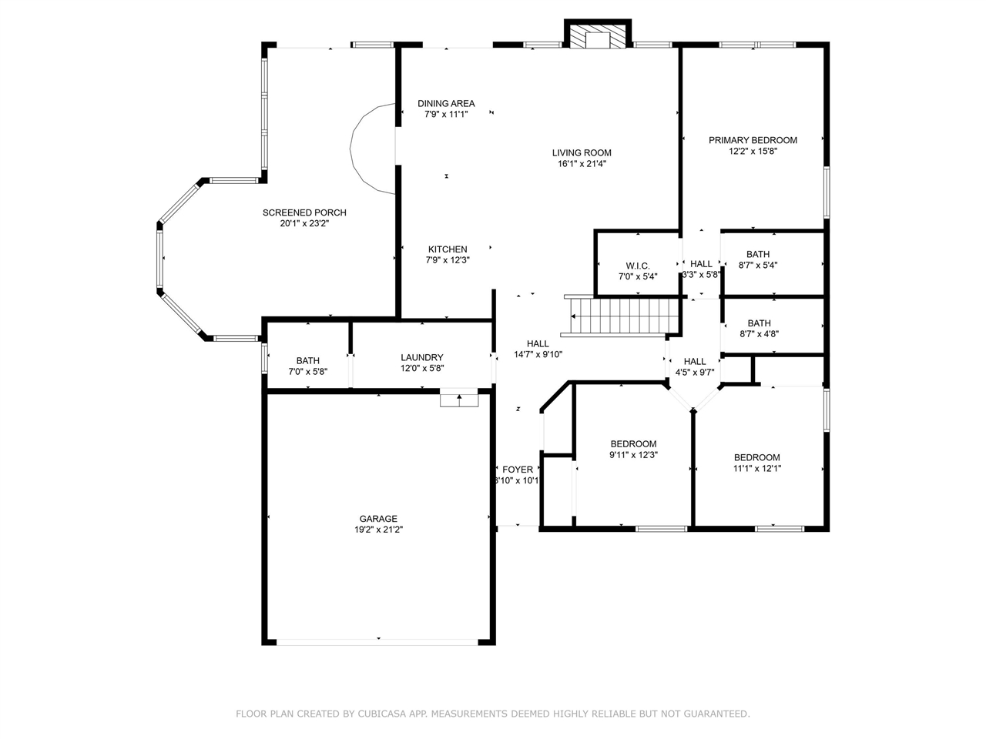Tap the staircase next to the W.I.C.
pyautogui.click(x=621, y=316)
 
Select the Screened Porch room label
pyautogui.click(x=304, y=212)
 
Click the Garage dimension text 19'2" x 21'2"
pyautogui.click(x=378, y=530)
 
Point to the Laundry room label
pyautogui.click(x=422, y=357)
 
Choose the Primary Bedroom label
pyautogui.click(x=753, y=140)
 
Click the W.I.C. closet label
pyautogui.click(x=637, y=266)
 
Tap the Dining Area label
pyautogui.click(x=446, y=103)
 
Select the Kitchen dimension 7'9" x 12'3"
pyautogui.click(x=448, y=259)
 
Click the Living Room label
pyautogui.click(x=582, y=152)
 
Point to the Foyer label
pyautogui.click(x=518, y=470)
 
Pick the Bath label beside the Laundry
pyautogui.click(x=307, y=360)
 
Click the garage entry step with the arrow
pyautogui.click(x=459, y=397)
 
